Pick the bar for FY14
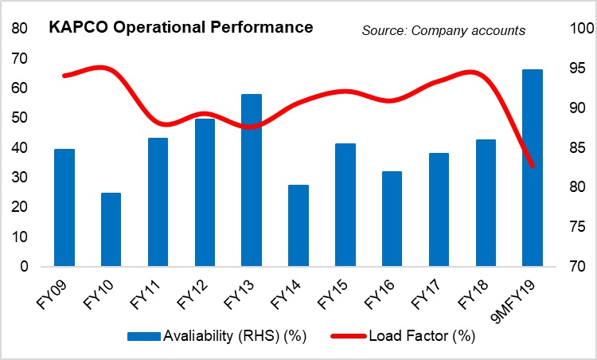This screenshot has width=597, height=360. coord(298,225)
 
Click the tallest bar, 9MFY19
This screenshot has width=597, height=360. coord(533,167)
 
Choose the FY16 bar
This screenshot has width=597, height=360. coord(392,219)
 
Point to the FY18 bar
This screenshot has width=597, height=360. coord(486,203)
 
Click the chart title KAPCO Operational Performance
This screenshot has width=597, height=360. coord(181,27)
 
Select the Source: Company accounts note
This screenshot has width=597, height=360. coord(443,30)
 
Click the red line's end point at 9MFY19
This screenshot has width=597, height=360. coord(533,166)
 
